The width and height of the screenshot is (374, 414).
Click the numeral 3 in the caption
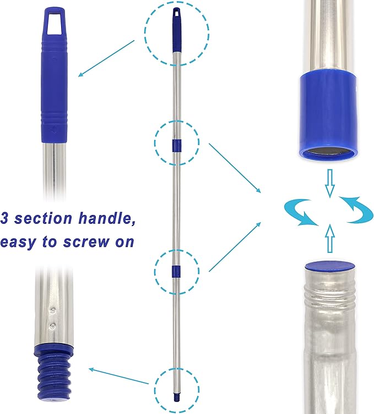pyautogui.click(x=4, y=218)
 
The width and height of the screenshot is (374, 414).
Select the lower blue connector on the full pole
pyautogui.click(x=176, y=271)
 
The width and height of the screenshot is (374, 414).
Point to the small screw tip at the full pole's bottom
pyautogui.click(x=176, y=394)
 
